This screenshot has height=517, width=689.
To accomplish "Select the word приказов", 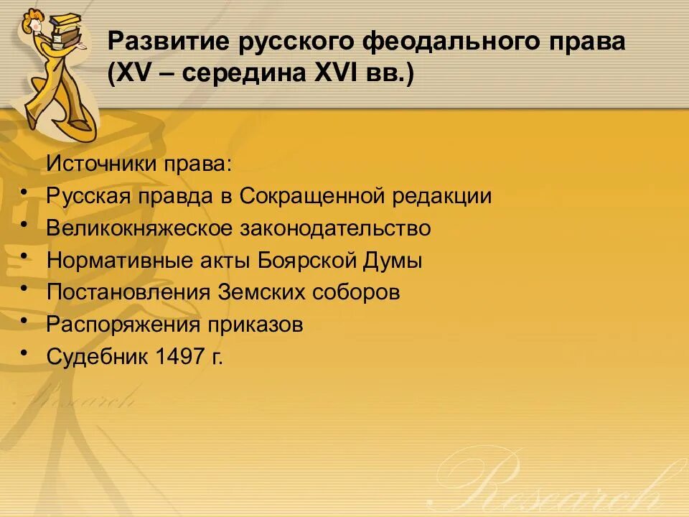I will pyautogui.click(x=256, y=325).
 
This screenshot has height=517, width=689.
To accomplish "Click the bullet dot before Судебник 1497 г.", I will pyautogui.click(x=25, y=352).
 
